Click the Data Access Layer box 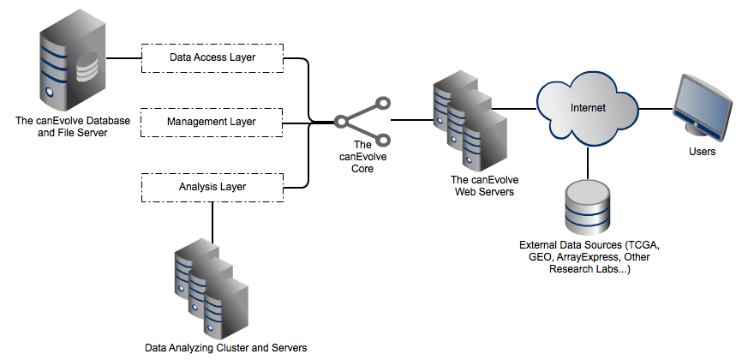coord(211,58)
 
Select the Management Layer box coord(211,122)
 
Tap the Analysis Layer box coord(211,185)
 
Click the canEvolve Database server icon coord(69,65)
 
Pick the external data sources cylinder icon coord(587,206)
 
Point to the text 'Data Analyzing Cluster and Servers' coord(225,348)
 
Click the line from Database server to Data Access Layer coord(123,58)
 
